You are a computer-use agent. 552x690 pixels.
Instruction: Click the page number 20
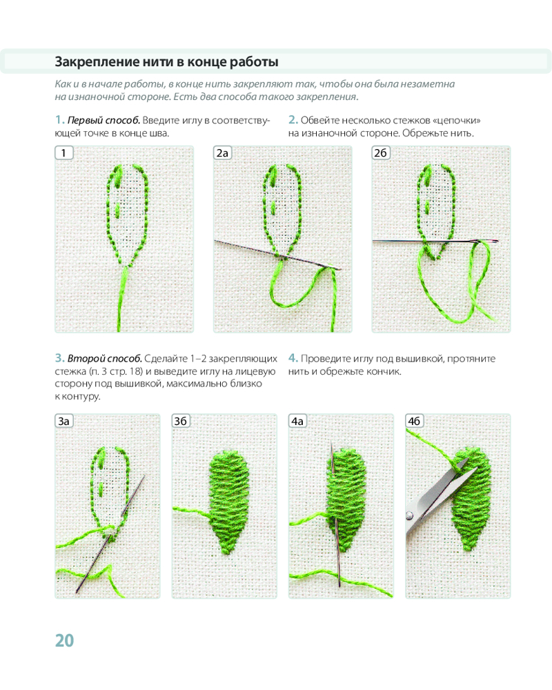pos(64,640)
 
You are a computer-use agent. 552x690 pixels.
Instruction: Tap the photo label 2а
pos(222,152)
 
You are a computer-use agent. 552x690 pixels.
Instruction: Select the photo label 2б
pos(381,152)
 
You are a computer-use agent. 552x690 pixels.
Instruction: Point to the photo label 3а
pos(64,421)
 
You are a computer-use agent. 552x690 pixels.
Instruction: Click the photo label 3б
pos(181,421)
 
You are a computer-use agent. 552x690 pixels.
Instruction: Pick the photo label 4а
pos(297,421)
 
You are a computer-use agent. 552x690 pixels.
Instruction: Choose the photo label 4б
pos(414,421)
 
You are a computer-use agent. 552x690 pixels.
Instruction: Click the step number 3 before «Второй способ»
pos(59,358)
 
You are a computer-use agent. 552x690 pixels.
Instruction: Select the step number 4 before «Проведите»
pos(293,358)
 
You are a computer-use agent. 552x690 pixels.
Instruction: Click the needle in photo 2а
pos(278,255)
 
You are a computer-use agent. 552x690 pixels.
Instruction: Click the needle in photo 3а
pos(110,534)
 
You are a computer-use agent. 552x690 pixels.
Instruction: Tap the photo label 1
pos(64,152)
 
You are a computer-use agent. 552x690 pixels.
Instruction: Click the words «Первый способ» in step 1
pos(103,121)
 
